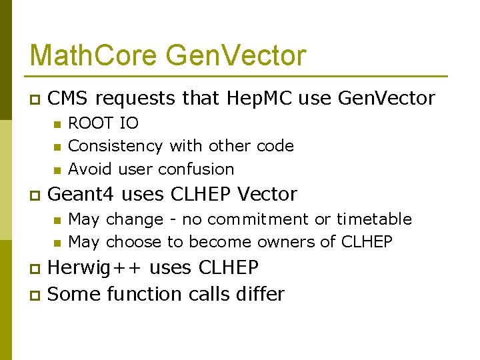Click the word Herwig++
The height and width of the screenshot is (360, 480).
(x=95, y=268)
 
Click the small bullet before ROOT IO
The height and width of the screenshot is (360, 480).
(x=57, y=123)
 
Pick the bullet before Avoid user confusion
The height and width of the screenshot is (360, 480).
(x=57, y=169)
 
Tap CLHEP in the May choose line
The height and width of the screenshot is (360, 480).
(x=366, y=242)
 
